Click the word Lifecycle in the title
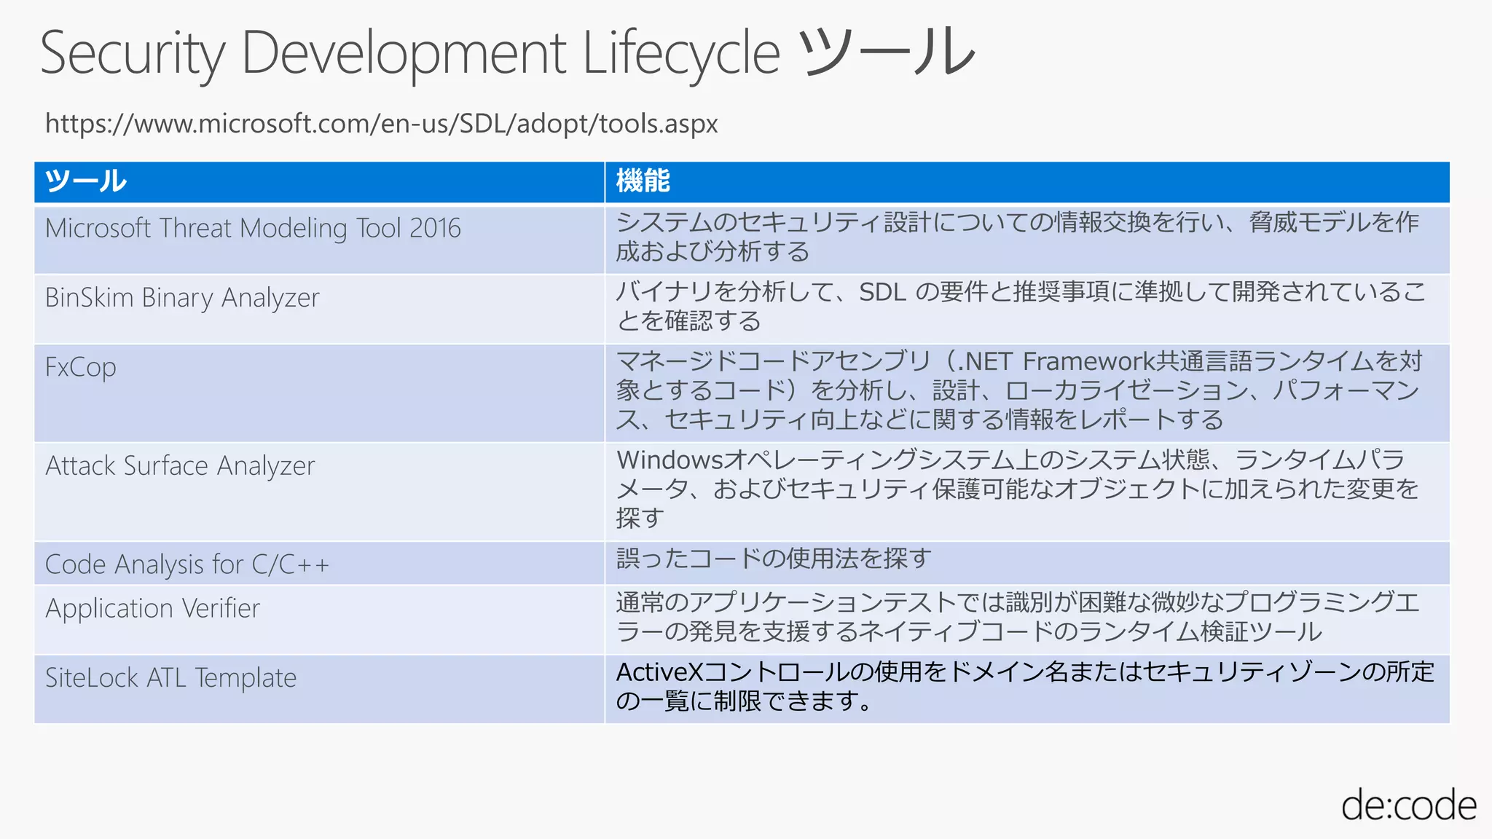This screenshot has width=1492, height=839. [681, 54]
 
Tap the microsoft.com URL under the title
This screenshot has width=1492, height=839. [382, 124]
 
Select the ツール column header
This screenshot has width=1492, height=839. [86, 181]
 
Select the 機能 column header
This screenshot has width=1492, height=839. [643, 181]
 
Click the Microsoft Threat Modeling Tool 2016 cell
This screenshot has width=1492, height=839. [253, 229]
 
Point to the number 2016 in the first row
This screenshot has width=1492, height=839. [435, 229]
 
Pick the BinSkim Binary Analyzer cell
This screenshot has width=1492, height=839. [182, 298]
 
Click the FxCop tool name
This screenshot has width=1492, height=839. [81, 368]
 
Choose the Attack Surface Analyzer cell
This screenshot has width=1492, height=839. [180, 466]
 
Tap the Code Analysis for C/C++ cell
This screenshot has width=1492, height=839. [187, 564]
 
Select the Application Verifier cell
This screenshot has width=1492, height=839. [152, 608]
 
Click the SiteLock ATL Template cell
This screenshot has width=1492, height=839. [170, 678]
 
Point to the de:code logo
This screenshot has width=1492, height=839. [1408, 805]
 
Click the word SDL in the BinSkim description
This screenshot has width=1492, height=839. [882, 293]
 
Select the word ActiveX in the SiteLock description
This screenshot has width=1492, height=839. [659, 672]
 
